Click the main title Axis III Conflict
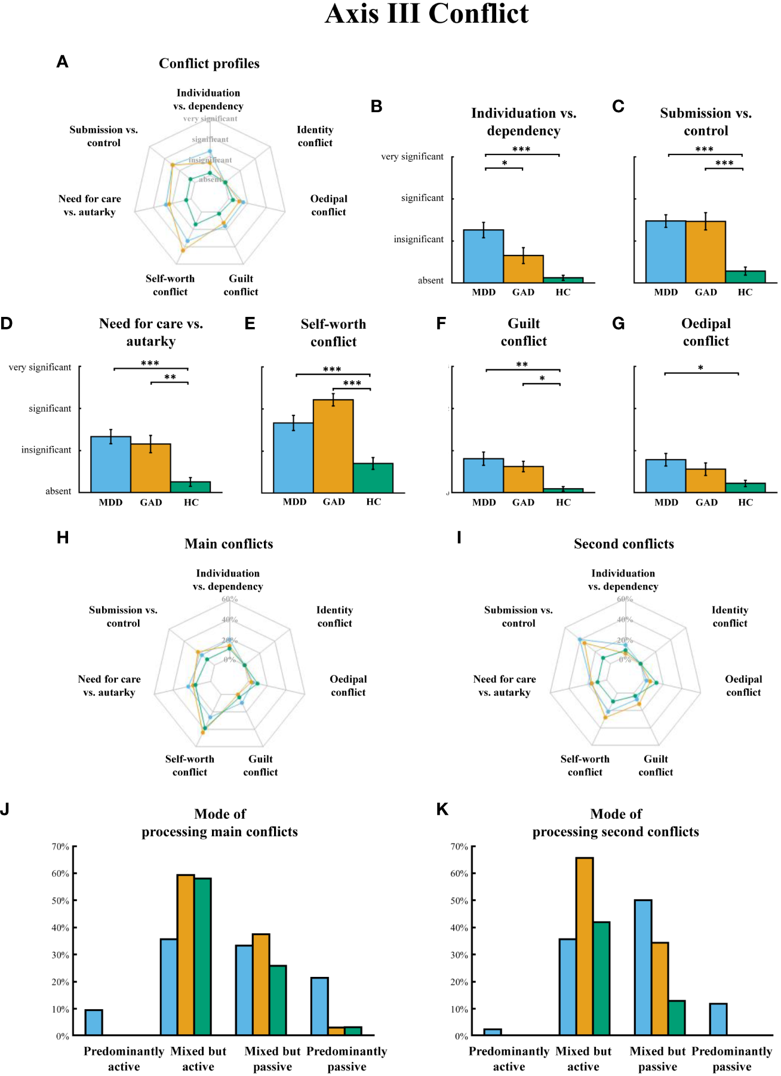[426, 14]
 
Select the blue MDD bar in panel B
[484, 256]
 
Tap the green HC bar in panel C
[745, 277]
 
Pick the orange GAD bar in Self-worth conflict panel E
[333, 446]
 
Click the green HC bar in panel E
[373, 478]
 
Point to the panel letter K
[442, 809]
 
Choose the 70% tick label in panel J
[60, 846]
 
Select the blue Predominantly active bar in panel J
[94, 1022]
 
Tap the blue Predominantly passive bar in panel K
[718, 1019]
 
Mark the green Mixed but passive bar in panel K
[677, 1018]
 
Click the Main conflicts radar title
[229, 544]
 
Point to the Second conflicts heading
[624, 544]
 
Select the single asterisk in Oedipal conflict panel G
[700, 368]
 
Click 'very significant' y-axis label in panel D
[40, 368]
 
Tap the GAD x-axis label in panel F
[523, 502]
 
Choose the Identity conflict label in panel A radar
[315, 136]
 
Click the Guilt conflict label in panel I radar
[656, 765]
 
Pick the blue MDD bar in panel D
[110, 464]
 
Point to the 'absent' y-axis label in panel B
[431, 280]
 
